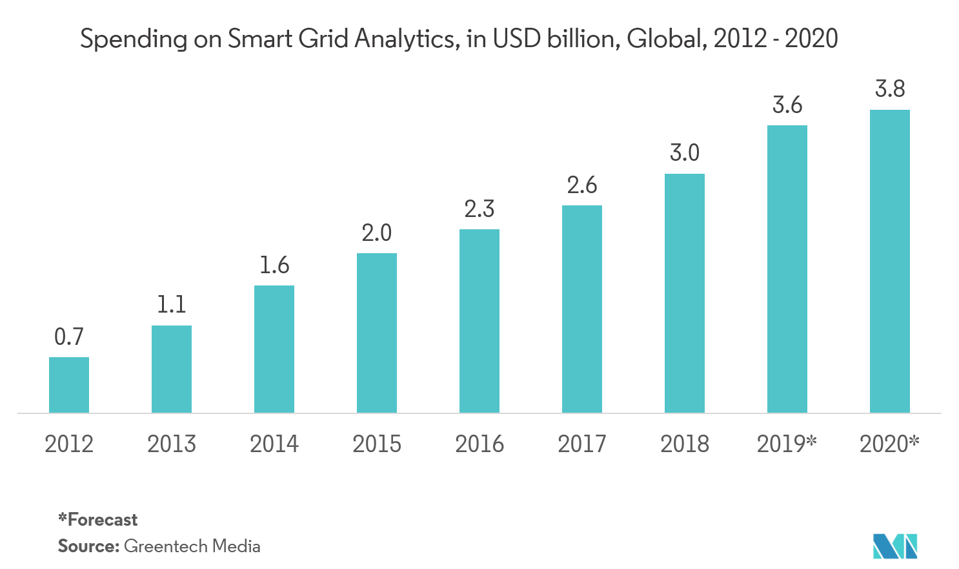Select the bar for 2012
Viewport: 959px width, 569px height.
69,385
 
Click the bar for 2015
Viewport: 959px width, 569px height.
377,333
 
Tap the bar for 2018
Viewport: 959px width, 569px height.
685,293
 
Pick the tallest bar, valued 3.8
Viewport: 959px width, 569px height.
890,261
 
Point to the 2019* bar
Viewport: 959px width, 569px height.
787,269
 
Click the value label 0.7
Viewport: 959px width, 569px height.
69,336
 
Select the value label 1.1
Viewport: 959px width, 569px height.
172,304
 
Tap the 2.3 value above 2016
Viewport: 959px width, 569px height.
479,209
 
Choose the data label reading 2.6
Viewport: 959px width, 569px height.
582,185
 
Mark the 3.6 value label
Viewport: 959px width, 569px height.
787,105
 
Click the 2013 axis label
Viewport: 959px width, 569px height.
172,444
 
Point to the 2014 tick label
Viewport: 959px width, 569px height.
274,444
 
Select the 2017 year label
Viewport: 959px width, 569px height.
582,444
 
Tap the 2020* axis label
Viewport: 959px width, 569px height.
889,444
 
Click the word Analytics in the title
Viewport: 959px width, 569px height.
404,39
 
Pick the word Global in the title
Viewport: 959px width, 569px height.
665,39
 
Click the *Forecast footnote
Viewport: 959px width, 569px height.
98,520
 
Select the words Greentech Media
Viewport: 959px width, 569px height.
192,546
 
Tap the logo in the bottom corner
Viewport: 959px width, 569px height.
895,546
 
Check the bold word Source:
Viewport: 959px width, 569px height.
88,546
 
